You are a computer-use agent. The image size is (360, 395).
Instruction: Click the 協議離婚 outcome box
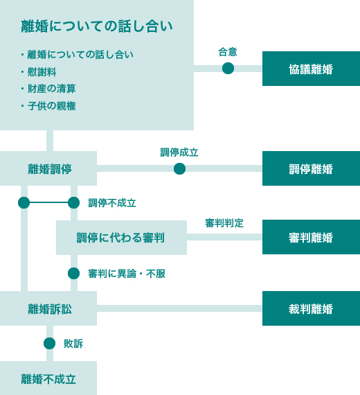(311, 69)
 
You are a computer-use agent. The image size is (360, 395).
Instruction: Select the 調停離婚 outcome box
(311, 168)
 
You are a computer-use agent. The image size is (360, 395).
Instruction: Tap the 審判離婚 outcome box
(311, 237)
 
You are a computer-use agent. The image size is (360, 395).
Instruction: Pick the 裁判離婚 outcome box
(311, 308)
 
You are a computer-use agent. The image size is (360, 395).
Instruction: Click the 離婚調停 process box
(48, 168)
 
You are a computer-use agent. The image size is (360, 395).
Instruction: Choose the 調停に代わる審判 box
(121, 238)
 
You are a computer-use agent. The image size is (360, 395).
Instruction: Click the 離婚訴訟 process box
(48, 308)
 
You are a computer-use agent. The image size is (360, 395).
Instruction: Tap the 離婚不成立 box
(48, 378)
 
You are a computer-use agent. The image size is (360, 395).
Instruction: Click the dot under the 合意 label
(228, 69)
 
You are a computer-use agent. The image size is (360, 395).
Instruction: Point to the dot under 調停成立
(179, 168)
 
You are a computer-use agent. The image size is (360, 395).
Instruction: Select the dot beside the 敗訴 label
(49, 343)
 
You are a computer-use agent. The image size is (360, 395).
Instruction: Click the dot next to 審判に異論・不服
(74, 273)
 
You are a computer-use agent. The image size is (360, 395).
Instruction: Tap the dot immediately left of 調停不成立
(74, 202)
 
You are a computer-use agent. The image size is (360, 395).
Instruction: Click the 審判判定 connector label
(224, 223)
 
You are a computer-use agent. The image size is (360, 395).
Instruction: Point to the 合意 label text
(228, 52)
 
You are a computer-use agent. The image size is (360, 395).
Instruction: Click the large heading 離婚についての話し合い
(97, 26)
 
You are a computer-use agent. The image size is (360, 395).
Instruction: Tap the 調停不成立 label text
(112, 203)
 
